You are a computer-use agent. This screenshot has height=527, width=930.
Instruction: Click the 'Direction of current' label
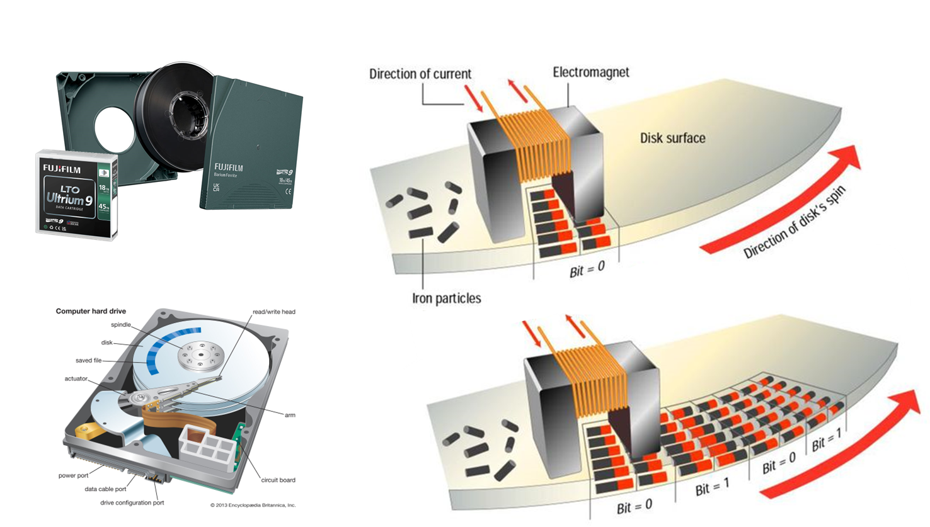(420, 74)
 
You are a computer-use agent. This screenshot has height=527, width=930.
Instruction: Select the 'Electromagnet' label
(590, 72)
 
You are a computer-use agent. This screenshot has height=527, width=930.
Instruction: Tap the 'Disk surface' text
(672, 138)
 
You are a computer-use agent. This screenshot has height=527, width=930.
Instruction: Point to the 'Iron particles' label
(446, 298)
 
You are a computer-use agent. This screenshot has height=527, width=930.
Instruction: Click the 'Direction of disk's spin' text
(795, 222)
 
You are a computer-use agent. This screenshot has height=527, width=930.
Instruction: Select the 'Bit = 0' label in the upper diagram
(587, 269)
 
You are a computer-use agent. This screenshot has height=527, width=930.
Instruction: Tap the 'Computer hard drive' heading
(91, 311)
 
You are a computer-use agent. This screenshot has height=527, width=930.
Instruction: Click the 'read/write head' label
(273, 312)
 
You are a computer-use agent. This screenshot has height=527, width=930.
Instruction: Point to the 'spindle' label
(121, 325)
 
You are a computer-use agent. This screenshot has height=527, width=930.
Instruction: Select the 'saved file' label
(88, 361)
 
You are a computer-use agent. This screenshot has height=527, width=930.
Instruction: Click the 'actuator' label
(76, 378)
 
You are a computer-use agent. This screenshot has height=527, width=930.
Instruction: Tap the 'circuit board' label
(278, 480)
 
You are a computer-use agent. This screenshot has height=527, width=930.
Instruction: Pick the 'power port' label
(74, 475)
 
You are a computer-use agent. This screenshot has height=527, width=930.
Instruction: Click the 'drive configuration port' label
(132, 502)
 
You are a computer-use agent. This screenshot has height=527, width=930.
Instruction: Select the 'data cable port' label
(105, 489)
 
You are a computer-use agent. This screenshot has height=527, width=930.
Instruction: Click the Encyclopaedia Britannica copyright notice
(253, 505)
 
